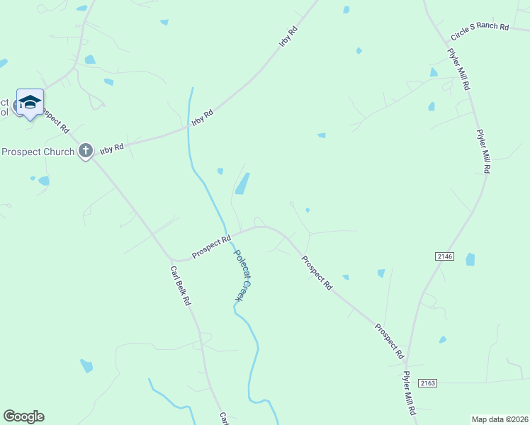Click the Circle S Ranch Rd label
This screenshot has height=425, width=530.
(480, 32)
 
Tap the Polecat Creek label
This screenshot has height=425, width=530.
(242, 277)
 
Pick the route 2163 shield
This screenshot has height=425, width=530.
(427, 382)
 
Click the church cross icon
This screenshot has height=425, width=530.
(86, 150)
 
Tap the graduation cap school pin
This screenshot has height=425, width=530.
(30, 103)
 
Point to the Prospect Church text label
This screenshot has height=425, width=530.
(38, 152)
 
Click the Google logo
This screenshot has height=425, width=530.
(23, 416)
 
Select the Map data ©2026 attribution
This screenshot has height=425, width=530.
(500, 419)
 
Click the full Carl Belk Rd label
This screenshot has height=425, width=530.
(180, 286)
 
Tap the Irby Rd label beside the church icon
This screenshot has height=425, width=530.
(111, 148)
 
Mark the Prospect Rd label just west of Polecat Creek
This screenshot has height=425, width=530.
(211, 247)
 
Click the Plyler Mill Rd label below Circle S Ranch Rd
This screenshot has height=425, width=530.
(458, 69)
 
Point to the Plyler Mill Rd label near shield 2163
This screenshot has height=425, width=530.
(408, 392)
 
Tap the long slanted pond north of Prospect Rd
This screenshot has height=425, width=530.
(242, 183)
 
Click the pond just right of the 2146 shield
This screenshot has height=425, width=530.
(470, 260)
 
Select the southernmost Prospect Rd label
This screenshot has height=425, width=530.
(389, 340)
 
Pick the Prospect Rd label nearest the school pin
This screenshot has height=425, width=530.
(55, 120)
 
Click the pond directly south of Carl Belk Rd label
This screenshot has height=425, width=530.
(86, 365)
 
